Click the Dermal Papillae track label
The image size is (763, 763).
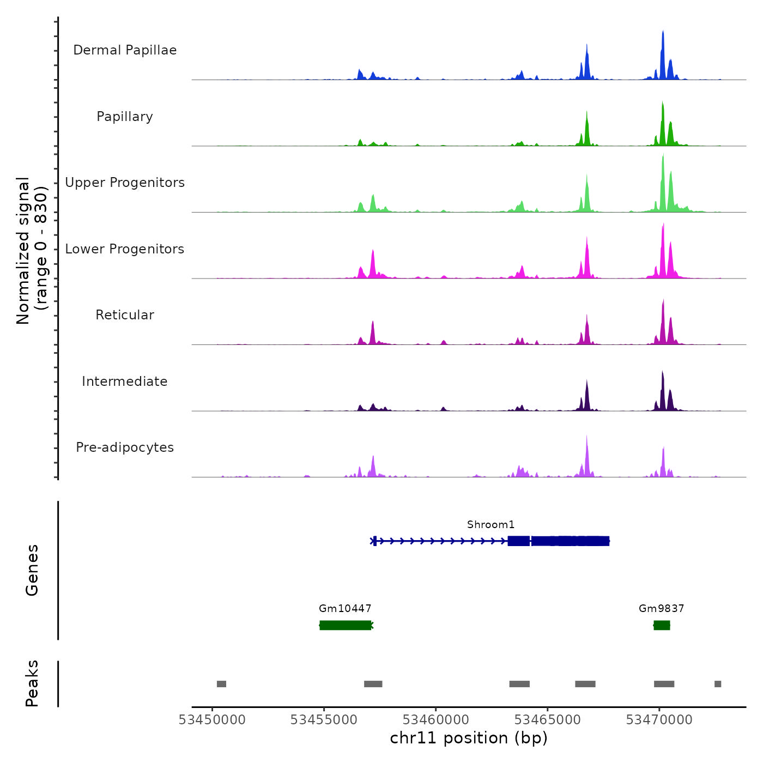click(125, 50)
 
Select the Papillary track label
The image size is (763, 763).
click(125, 117)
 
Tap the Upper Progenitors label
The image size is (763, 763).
click(125, 183)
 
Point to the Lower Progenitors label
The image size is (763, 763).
click(125, 249)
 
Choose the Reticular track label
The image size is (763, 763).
click(125, 315)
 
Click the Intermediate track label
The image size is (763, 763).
click(125, 381)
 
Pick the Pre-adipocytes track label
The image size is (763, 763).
click(125, 447)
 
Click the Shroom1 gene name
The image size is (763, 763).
click(491, 525)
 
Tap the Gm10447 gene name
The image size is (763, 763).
click(345, 608)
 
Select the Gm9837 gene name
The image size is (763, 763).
click(661, 608)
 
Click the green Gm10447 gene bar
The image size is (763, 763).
click(346, 625)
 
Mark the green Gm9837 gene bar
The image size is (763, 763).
click(662, 625)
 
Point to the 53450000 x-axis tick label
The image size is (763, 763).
click(212, 720)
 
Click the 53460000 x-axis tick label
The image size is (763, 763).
click(435, 720)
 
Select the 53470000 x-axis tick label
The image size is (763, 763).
click(659, 720)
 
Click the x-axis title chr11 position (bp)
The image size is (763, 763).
click(469, 738)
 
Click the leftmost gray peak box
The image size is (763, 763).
click(221, 684)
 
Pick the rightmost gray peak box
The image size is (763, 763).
click(718, 684)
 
